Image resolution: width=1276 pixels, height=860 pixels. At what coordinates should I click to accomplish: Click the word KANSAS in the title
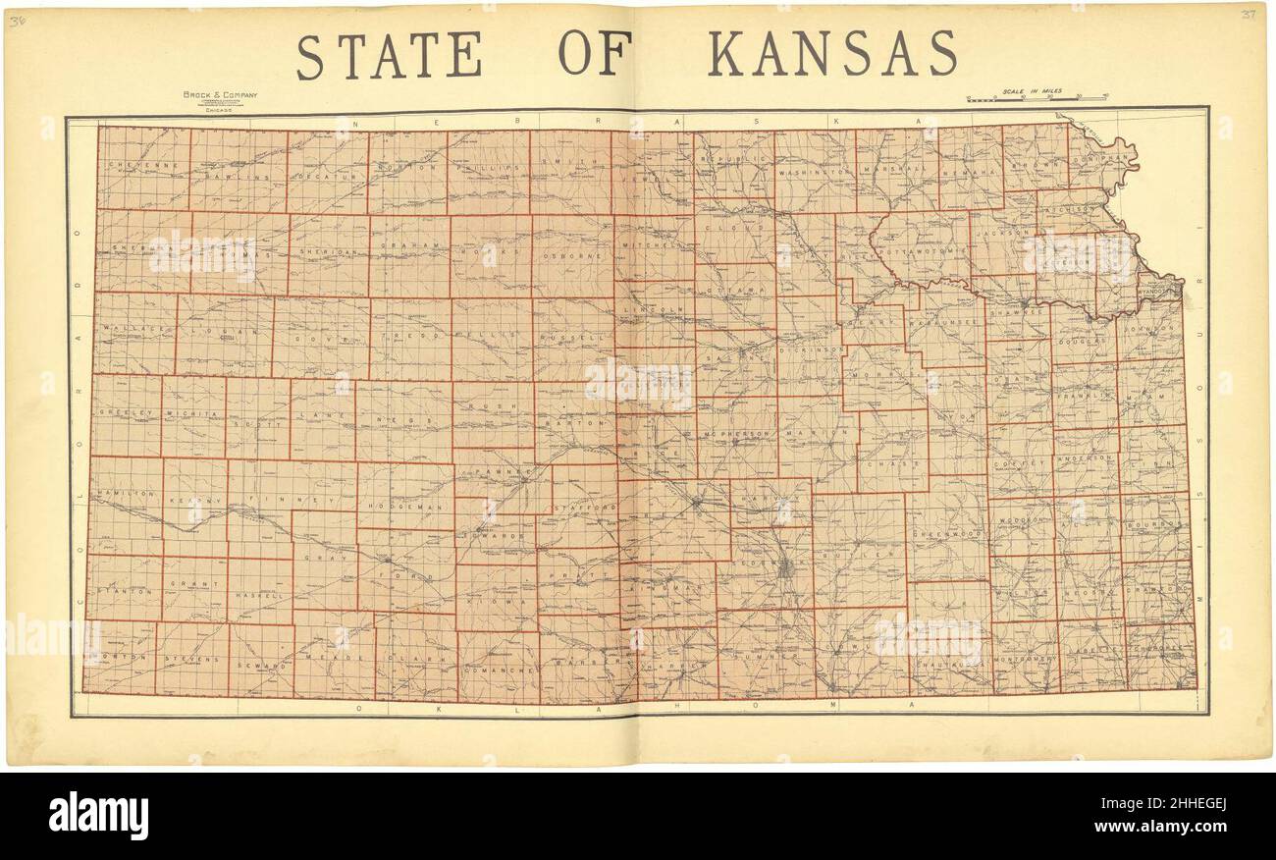[x=832, y=54]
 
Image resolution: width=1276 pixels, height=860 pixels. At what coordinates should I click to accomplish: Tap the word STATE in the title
[x=390, y=56]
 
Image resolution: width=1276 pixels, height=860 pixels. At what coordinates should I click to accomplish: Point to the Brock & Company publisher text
[x=220, y=95]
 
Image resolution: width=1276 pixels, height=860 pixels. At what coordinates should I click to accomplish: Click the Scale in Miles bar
[x=1037, y=97]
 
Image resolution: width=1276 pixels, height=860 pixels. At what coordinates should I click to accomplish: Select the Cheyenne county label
[x=143, y=166]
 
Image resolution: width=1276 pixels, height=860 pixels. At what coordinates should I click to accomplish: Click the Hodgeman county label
[x=403, y=506]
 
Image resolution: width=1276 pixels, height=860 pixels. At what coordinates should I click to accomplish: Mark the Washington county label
[x=814, y=172]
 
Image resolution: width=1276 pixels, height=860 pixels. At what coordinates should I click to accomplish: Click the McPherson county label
[x=736, y=433]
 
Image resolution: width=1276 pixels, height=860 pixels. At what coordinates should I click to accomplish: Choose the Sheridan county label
[x=328, y=251]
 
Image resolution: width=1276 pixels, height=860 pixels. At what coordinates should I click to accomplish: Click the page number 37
[x=1249, y=15]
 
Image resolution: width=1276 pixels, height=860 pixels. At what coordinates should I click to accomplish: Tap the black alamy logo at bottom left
[x=98, y=817]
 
